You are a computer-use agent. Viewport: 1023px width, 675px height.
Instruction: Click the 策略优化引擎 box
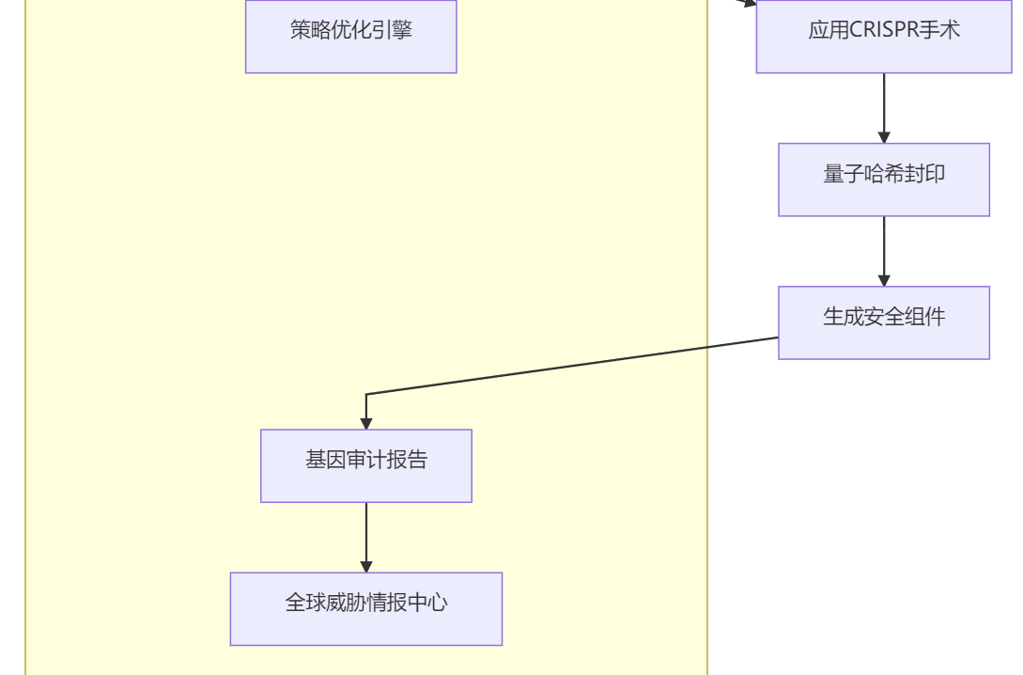coord(350,36)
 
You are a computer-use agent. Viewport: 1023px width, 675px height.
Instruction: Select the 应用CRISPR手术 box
coord(883,36)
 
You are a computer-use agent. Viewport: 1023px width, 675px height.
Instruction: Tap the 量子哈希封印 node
coord(883,180)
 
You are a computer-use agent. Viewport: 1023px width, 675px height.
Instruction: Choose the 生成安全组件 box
coord(883,322)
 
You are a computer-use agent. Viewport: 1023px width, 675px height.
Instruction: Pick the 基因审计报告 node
coord(365,465)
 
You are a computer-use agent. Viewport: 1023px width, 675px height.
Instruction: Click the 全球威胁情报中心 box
coord(365,608)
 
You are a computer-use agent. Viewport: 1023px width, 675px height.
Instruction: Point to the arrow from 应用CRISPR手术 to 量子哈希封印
coord(883,105)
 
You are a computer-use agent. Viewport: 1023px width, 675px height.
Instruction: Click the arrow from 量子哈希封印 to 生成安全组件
coord(883,248)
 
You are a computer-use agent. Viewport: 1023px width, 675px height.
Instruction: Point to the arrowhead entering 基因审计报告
coord(365,423)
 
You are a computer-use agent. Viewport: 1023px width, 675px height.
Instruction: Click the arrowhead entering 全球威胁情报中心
coord(365,566)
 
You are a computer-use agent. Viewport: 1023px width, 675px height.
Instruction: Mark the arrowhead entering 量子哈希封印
coord(883,137)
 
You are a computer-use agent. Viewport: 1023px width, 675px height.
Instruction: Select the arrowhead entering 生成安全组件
coord(883,280)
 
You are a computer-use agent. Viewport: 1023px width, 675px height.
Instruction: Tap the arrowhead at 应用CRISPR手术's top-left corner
coord(749,3)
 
